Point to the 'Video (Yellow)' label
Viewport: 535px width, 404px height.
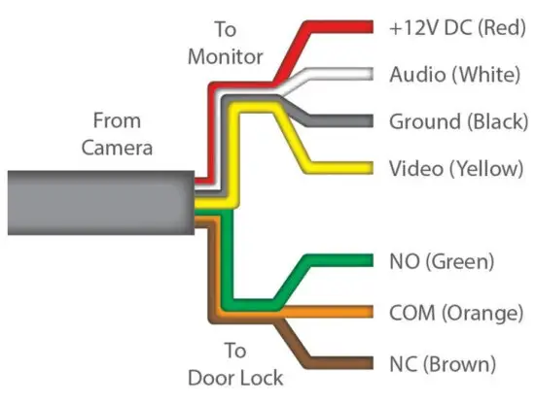455,168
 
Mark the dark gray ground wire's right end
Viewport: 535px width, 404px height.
368,121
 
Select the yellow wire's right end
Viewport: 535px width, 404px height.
368,168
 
